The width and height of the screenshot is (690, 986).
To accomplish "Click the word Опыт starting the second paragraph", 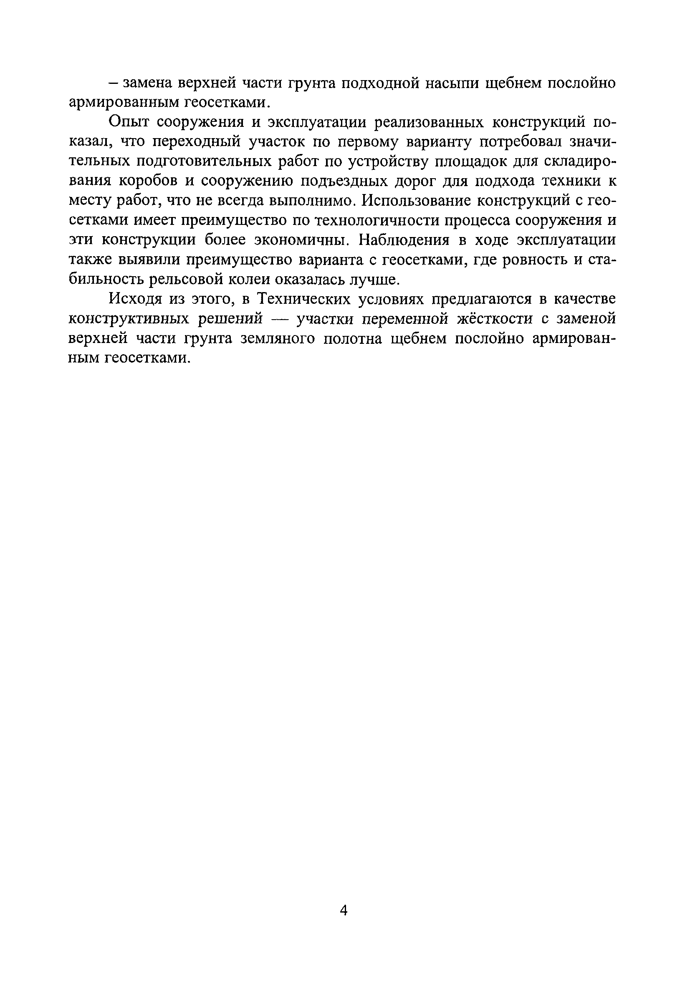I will (129, 122).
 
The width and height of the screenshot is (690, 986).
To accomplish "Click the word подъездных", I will (343, 181).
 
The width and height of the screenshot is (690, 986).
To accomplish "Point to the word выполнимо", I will (312, 201).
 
